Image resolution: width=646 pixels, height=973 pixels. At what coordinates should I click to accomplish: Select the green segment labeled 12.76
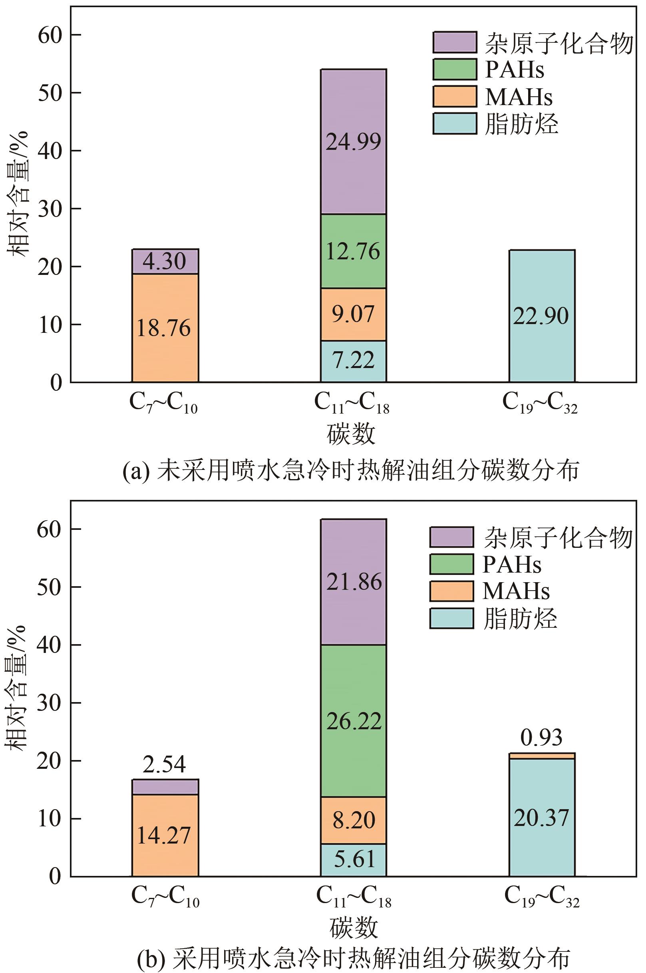(354, 251)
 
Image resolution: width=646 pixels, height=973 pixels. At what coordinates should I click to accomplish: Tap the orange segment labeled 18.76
(165, 328)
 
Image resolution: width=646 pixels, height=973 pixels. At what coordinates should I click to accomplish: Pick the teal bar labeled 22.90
(541, 316)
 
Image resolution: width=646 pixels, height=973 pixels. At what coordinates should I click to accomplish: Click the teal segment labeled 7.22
(354, 361)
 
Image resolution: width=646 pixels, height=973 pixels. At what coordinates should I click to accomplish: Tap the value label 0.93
(541, 738)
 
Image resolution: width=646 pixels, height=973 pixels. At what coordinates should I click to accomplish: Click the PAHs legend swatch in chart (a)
(454, 69)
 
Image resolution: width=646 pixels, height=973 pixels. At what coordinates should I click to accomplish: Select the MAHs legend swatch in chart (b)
(451, 591)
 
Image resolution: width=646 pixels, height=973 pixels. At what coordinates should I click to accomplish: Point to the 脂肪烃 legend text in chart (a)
(522, 123)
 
